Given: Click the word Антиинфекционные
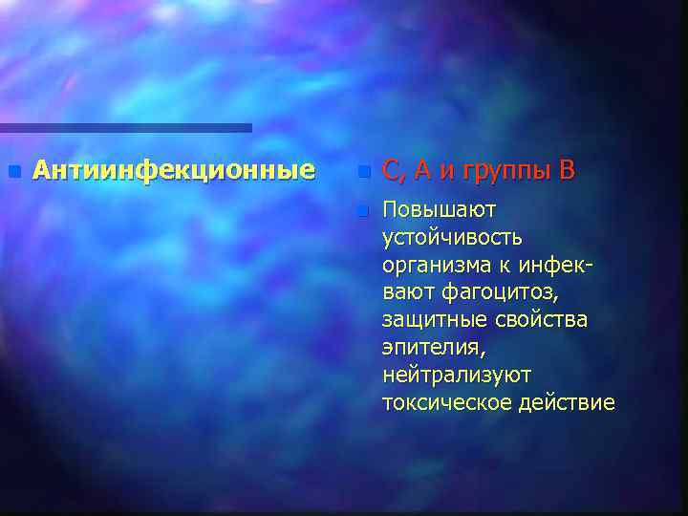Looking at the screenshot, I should click(173, 171).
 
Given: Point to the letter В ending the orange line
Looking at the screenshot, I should click(568, 171).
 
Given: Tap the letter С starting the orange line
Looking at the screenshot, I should click(391, 172).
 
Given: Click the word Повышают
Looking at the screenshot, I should click(439, 208).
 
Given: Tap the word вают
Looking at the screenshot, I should click(409, 291).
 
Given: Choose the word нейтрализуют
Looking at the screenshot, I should click(456, 375).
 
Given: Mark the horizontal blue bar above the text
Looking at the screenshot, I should click(125, 127).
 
